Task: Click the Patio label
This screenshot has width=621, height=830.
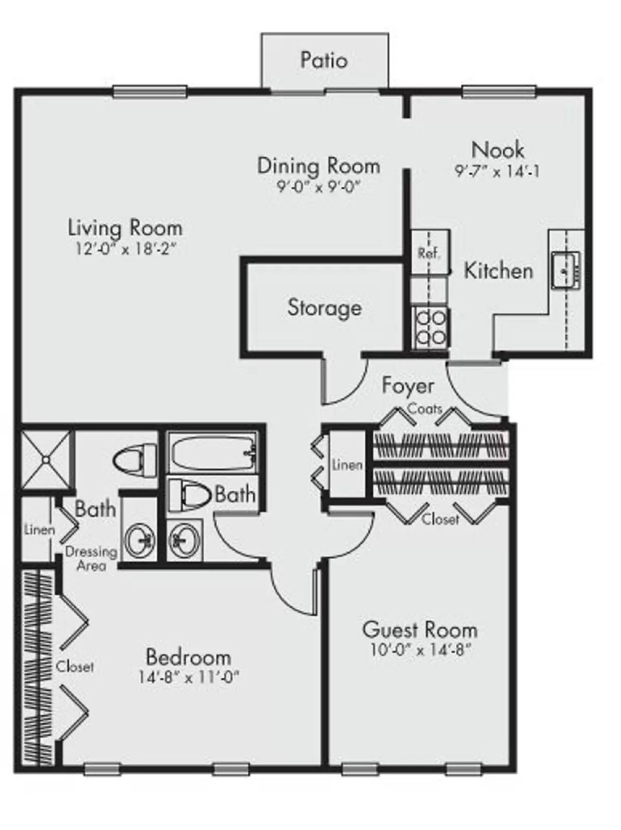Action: point(324,60)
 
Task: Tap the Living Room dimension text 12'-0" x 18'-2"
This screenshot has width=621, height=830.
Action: point(126,249)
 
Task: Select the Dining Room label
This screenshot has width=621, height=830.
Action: point(319,166)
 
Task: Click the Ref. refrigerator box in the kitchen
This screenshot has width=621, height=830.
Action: point(430,252)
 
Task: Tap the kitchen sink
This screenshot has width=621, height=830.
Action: point(566,271)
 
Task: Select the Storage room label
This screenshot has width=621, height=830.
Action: point(325,308)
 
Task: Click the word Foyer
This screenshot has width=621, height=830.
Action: point(408,386)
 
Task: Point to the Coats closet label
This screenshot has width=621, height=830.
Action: point(425,409)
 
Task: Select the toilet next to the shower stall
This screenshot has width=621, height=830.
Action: point(135,460)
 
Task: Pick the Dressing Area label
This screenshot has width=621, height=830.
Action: point(91,558)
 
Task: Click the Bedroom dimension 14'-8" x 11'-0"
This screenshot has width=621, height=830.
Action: point(189,676)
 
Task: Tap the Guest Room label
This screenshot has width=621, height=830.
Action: point(420,630)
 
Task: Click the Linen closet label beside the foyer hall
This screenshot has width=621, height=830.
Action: point(347,465)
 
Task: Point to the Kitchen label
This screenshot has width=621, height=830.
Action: point(498,271)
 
